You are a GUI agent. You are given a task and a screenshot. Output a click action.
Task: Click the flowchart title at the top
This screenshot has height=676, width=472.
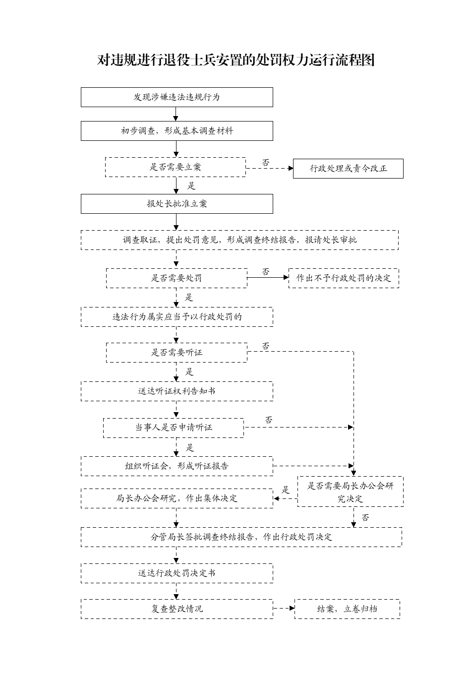pos(236,60)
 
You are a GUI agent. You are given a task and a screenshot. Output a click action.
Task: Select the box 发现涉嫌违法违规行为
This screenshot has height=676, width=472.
pos(177,97)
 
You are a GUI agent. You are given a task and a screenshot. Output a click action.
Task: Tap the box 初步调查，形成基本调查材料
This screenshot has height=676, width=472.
pos(177,131)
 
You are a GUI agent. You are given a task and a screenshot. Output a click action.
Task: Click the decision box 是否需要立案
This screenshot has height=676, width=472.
pos(176,167)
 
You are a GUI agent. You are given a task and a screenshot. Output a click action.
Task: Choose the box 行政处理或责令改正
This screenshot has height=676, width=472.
pos(348,169)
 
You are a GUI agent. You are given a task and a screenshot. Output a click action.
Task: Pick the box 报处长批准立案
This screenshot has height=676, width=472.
pos(177,204)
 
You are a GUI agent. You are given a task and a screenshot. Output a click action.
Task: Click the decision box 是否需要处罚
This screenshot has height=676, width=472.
pos(177,278)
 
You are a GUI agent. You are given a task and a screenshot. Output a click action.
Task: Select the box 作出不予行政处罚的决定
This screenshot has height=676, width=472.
pos(344,278)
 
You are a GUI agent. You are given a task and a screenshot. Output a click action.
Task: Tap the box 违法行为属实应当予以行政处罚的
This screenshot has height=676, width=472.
pos(177,317)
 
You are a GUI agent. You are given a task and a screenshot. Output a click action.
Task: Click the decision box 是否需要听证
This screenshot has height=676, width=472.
pos(177,353)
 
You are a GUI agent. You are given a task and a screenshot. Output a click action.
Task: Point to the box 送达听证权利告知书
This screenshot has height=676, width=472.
pos(177,391)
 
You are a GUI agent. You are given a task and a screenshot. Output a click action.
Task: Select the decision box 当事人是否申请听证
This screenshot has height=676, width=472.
pos(174,428)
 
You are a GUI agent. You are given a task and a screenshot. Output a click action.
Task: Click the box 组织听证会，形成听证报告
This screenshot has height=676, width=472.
pos(177,466)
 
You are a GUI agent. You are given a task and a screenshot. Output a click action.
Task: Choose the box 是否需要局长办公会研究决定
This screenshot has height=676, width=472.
pos(351,492)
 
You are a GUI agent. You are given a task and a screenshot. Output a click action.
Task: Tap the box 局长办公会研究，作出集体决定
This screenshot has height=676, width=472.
pos(177,498)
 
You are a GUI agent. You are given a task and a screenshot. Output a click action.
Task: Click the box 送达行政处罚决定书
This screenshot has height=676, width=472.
pos(177,573)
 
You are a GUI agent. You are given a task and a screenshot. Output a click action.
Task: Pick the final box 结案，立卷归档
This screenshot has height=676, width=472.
pos(347,609)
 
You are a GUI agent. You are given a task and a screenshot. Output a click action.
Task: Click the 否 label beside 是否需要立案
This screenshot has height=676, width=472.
pos(265,163)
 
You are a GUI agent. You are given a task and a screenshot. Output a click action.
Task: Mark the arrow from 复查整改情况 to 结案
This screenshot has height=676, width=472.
pos(284,609)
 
